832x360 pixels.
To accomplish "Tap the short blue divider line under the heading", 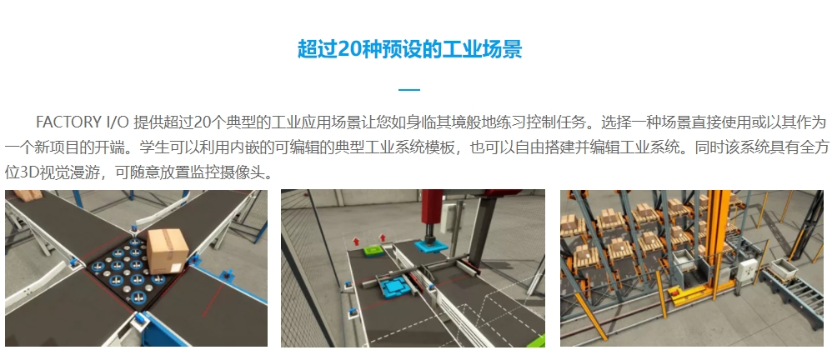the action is point(409,90).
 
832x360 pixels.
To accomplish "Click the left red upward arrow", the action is point(356,241).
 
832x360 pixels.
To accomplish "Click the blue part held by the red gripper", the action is point(429,246).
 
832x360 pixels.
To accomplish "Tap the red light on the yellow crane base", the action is point(675,291).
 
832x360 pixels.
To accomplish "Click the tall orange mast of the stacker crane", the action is point(712,233).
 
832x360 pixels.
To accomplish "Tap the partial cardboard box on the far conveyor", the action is point(28,195).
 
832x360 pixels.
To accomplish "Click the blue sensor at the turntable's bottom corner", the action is point(140,320).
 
